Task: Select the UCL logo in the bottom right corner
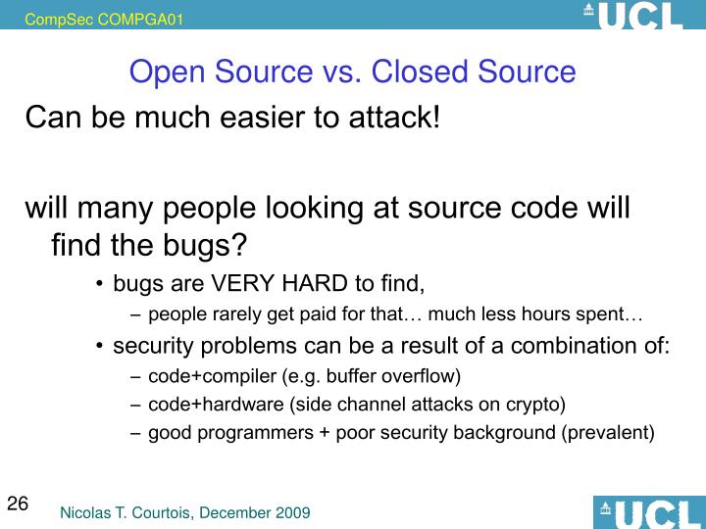tap(647, 512)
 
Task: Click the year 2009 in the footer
tap(291, 512)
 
